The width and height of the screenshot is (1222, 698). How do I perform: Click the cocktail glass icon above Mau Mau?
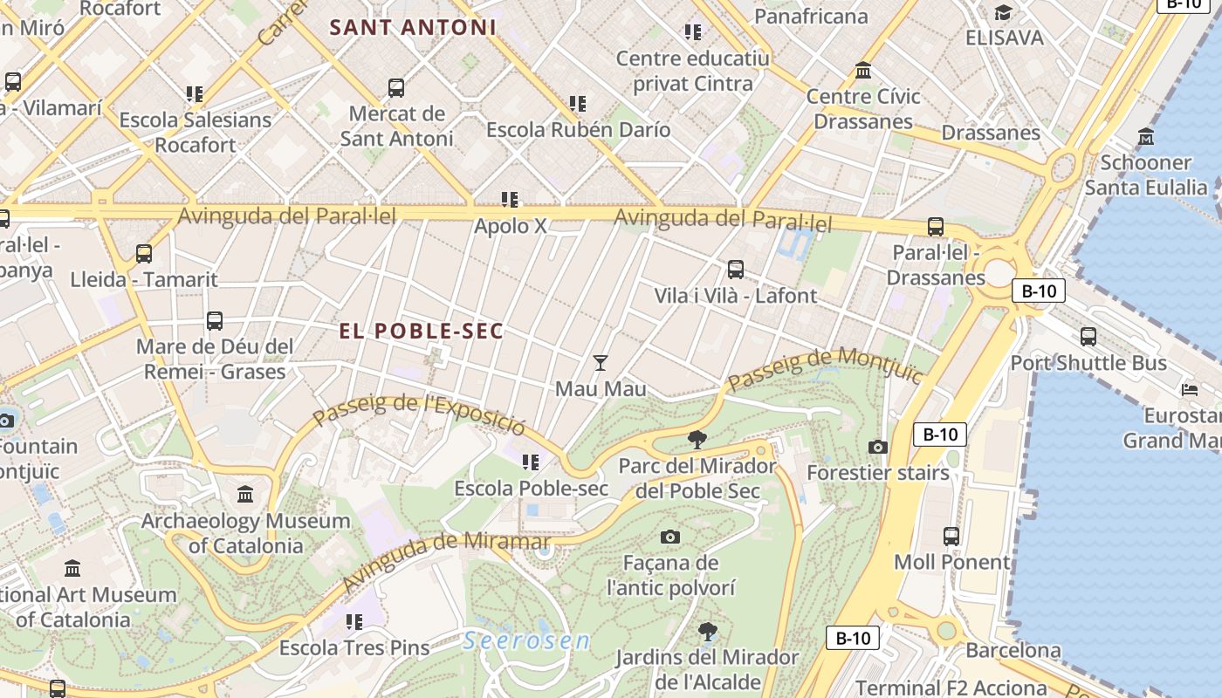click(601, 362)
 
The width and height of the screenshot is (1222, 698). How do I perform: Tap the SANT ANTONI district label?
click(413, 27)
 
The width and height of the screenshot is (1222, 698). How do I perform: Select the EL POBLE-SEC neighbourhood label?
click(422, 331)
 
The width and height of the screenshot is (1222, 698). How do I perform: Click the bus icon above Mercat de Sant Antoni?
click(396, 87)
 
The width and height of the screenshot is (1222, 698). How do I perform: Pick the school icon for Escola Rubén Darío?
click(578, 104)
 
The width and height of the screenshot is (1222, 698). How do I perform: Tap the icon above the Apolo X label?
click(510, 200)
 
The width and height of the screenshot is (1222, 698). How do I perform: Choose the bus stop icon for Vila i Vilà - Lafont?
click(736, 270)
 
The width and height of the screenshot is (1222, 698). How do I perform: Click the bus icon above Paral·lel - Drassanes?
click(936, 227)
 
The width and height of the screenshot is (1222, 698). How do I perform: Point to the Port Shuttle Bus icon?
click(1088, 337)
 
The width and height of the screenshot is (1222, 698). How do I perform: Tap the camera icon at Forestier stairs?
click(878, 448)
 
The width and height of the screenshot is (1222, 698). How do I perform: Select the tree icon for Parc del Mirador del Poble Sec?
click(697, 439)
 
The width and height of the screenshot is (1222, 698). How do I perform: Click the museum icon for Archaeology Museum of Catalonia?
click(245, 495)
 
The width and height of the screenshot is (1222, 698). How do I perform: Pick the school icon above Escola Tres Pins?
click(354, 622)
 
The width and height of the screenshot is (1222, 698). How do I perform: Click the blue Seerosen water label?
click(526, 641)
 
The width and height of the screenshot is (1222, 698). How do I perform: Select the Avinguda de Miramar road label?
click(423, 560)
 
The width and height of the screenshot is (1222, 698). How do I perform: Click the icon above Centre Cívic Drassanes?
click(863, 70)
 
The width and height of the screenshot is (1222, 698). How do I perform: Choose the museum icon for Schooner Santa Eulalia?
click(1146, 137)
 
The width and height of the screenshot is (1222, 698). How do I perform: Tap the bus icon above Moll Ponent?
click(951, 537)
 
